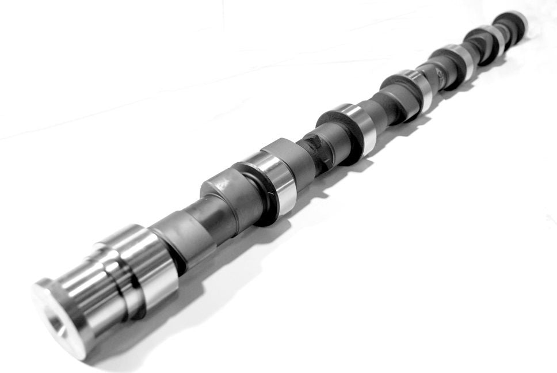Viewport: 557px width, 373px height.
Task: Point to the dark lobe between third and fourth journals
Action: coord(397,98)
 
